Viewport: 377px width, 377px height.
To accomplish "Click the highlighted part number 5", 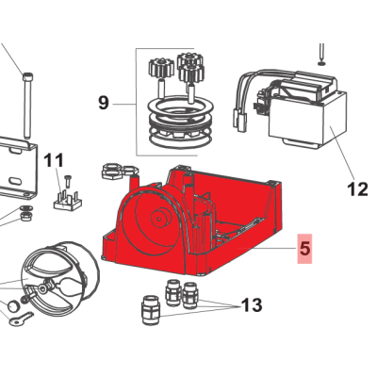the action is (x=304, y=249).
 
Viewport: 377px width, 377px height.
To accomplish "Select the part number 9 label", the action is (x=104, y=103).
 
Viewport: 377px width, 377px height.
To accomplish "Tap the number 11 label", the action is (x=54, y=160).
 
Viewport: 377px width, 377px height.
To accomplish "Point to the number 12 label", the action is (x=357, y=189).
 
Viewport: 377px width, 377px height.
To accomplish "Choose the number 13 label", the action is (x=252, y=304).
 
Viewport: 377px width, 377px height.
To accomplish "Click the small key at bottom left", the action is (x=21, y=318).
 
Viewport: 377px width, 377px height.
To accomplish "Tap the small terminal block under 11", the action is (x=68, y=200).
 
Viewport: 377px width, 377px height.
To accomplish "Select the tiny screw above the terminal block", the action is (x=68, y=181).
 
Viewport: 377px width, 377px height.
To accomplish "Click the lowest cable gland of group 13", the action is (x=151, y=310).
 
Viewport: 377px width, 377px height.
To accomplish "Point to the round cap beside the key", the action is (x=13, y=305).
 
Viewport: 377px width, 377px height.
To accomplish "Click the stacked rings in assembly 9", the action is (x=181, y=123).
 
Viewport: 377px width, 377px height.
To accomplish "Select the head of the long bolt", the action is (x=28, y=75).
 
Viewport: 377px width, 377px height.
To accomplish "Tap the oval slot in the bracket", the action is (x=14, y=182).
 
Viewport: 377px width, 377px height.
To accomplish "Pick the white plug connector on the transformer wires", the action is (x=239, y=121).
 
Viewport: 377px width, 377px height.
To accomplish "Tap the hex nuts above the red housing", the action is (x=120, y=172).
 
